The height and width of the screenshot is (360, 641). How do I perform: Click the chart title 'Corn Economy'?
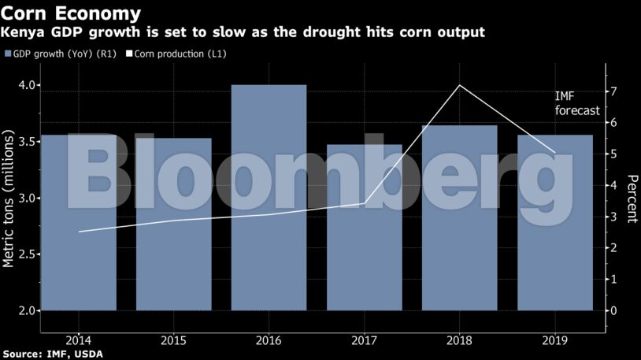[x=72, y=13]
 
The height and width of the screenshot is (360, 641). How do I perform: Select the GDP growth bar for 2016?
[x=269, y=197]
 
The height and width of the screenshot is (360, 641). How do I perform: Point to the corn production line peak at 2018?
[x=459, y=85]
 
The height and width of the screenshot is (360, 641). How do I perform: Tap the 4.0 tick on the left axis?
[x=25, y=85]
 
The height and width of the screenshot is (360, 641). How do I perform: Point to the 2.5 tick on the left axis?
[x=25, y=254]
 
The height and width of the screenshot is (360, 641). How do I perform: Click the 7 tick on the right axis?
[x=612, y=91]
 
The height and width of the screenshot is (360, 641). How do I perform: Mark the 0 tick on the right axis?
[x=612, y=310]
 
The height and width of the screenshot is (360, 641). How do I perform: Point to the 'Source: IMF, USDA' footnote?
[x=52, y=354]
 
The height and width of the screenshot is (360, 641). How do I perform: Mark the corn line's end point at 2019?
[x=554, y=153]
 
